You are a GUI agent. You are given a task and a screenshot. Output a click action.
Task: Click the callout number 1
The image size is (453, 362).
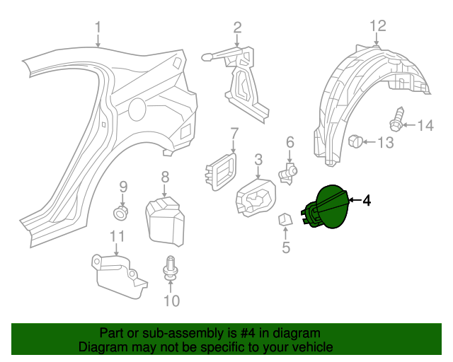(98, 28)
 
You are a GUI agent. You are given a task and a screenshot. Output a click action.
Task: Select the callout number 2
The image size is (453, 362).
(238, 28)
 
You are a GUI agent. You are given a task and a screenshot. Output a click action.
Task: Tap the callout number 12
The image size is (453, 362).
(377, 26)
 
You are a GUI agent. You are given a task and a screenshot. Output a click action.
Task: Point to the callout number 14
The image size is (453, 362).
(425, 126)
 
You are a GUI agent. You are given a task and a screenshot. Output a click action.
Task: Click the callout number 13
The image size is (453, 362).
(384, 144)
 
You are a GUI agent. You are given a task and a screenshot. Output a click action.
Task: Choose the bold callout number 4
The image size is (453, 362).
(366, 201)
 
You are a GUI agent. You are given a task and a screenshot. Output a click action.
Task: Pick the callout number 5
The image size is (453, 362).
(286, 247)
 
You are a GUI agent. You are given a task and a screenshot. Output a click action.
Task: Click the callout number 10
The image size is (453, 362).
(172, 300)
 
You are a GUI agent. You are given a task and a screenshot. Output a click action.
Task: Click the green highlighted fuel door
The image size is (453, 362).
(327, 206)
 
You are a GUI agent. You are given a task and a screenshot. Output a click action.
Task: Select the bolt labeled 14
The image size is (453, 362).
(397, 120)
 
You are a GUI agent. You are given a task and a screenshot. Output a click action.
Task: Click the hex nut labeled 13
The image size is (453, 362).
(357, 142)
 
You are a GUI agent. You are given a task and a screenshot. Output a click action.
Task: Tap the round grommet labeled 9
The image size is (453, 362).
(122, 211)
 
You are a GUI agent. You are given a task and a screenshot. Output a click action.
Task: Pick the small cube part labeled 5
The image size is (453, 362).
(285, 221)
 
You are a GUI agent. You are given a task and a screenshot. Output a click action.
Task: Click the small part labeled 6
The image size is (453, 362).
(289, 172)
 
